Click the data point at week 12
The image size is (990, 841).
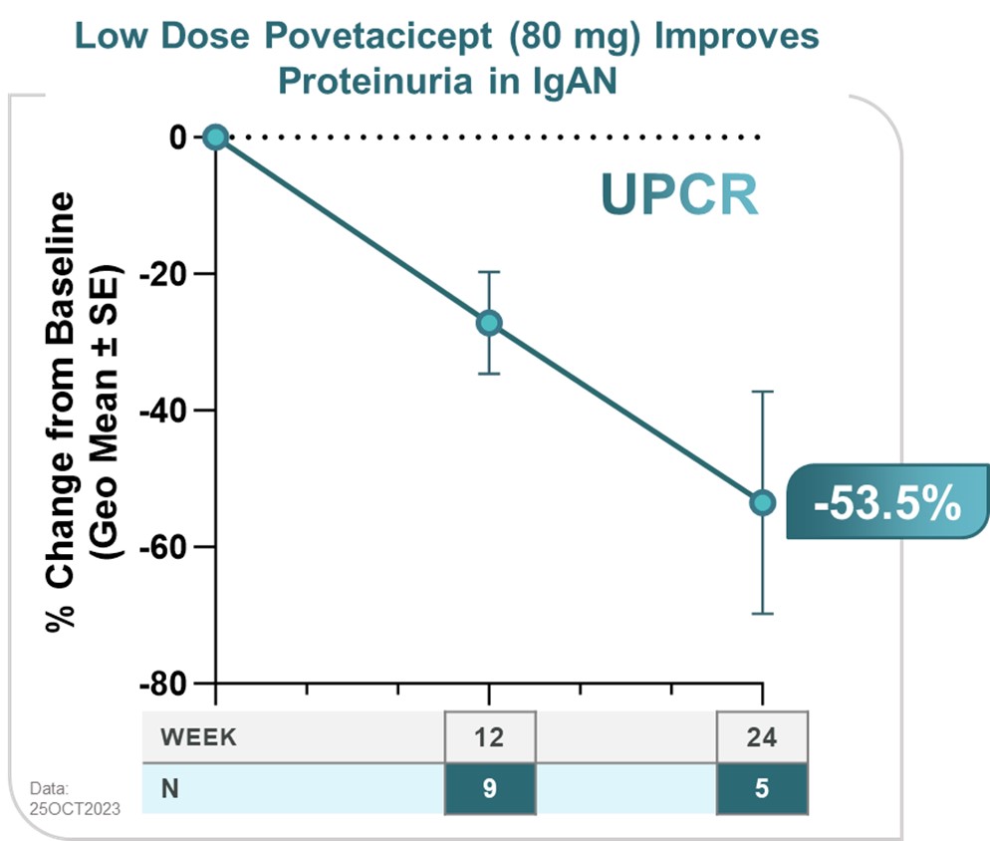(x=489, y=323)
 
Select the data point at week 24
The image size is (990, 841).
(x=762, y=503)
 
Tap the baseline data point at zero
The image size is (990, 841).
(x=215, y=137)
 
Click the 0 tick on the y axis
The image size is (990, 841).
(x=178, y=137)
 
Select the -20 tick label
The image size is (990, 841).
(x=168, y=274)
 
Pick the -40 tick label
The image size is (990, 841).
(x=168, y=411)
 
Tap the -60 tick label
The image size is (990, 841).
(x=168, y=547)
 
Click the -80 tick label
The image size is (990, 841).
(x=168, y=684)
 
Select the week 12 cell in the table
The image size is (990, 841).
(x=489, y=738)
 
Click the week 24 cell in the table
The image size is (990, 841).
(x=762, y=738)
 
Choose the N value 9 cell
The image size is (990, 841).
(x=489, y=787)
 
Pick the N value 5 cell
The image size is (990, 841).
(x=762, y=787)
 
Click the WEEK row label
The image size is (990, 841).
(x=198, y=738)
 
